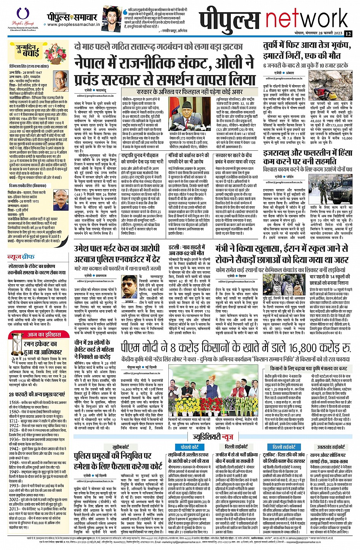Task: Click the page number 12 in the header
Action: [348, 33]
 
